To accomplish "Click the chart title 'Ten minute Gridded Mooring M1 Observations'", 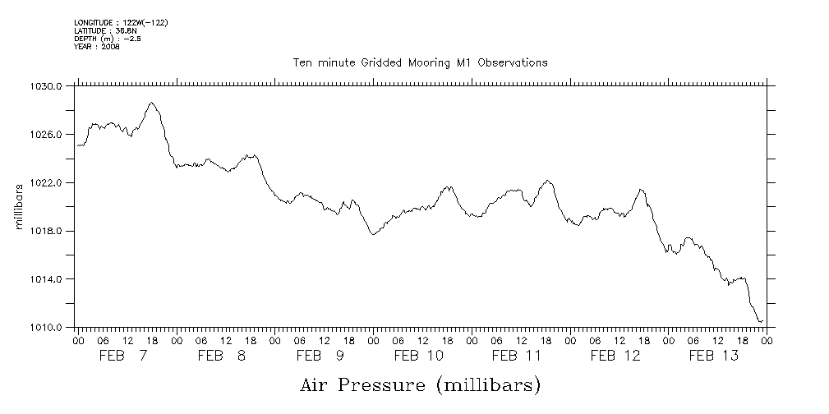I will pos(420,62).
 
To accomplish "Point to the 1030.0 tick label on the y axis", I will pos(48,86).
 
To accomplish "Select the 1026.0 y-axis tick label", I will pos(48,134).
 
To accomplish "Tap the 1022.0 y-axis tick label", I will pos(48,182).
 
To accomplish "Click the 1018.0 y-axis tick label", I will pos(48,231).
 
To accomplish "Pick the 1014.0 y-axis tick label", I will pos(48,279).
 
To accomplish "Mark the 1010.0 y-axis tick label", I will pos(48,328).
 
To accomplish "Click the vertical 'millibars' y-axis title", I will pos(19,206).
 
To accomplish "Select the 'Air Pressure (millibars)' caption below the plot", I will pos(420,384).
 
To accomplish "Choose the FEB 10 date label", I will pos(419,356).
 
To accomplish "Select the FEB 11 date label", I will pos(517,356).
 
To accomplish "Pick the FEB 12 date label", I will pos(615,356).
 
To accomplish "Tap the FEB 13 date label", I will pos(713,356).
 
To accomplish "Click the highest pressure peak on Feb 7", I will pos(151,103).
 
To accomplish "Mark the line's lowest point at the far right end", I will pos(760,321).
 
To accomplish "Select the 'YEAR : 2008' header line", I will pos(97,47).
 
